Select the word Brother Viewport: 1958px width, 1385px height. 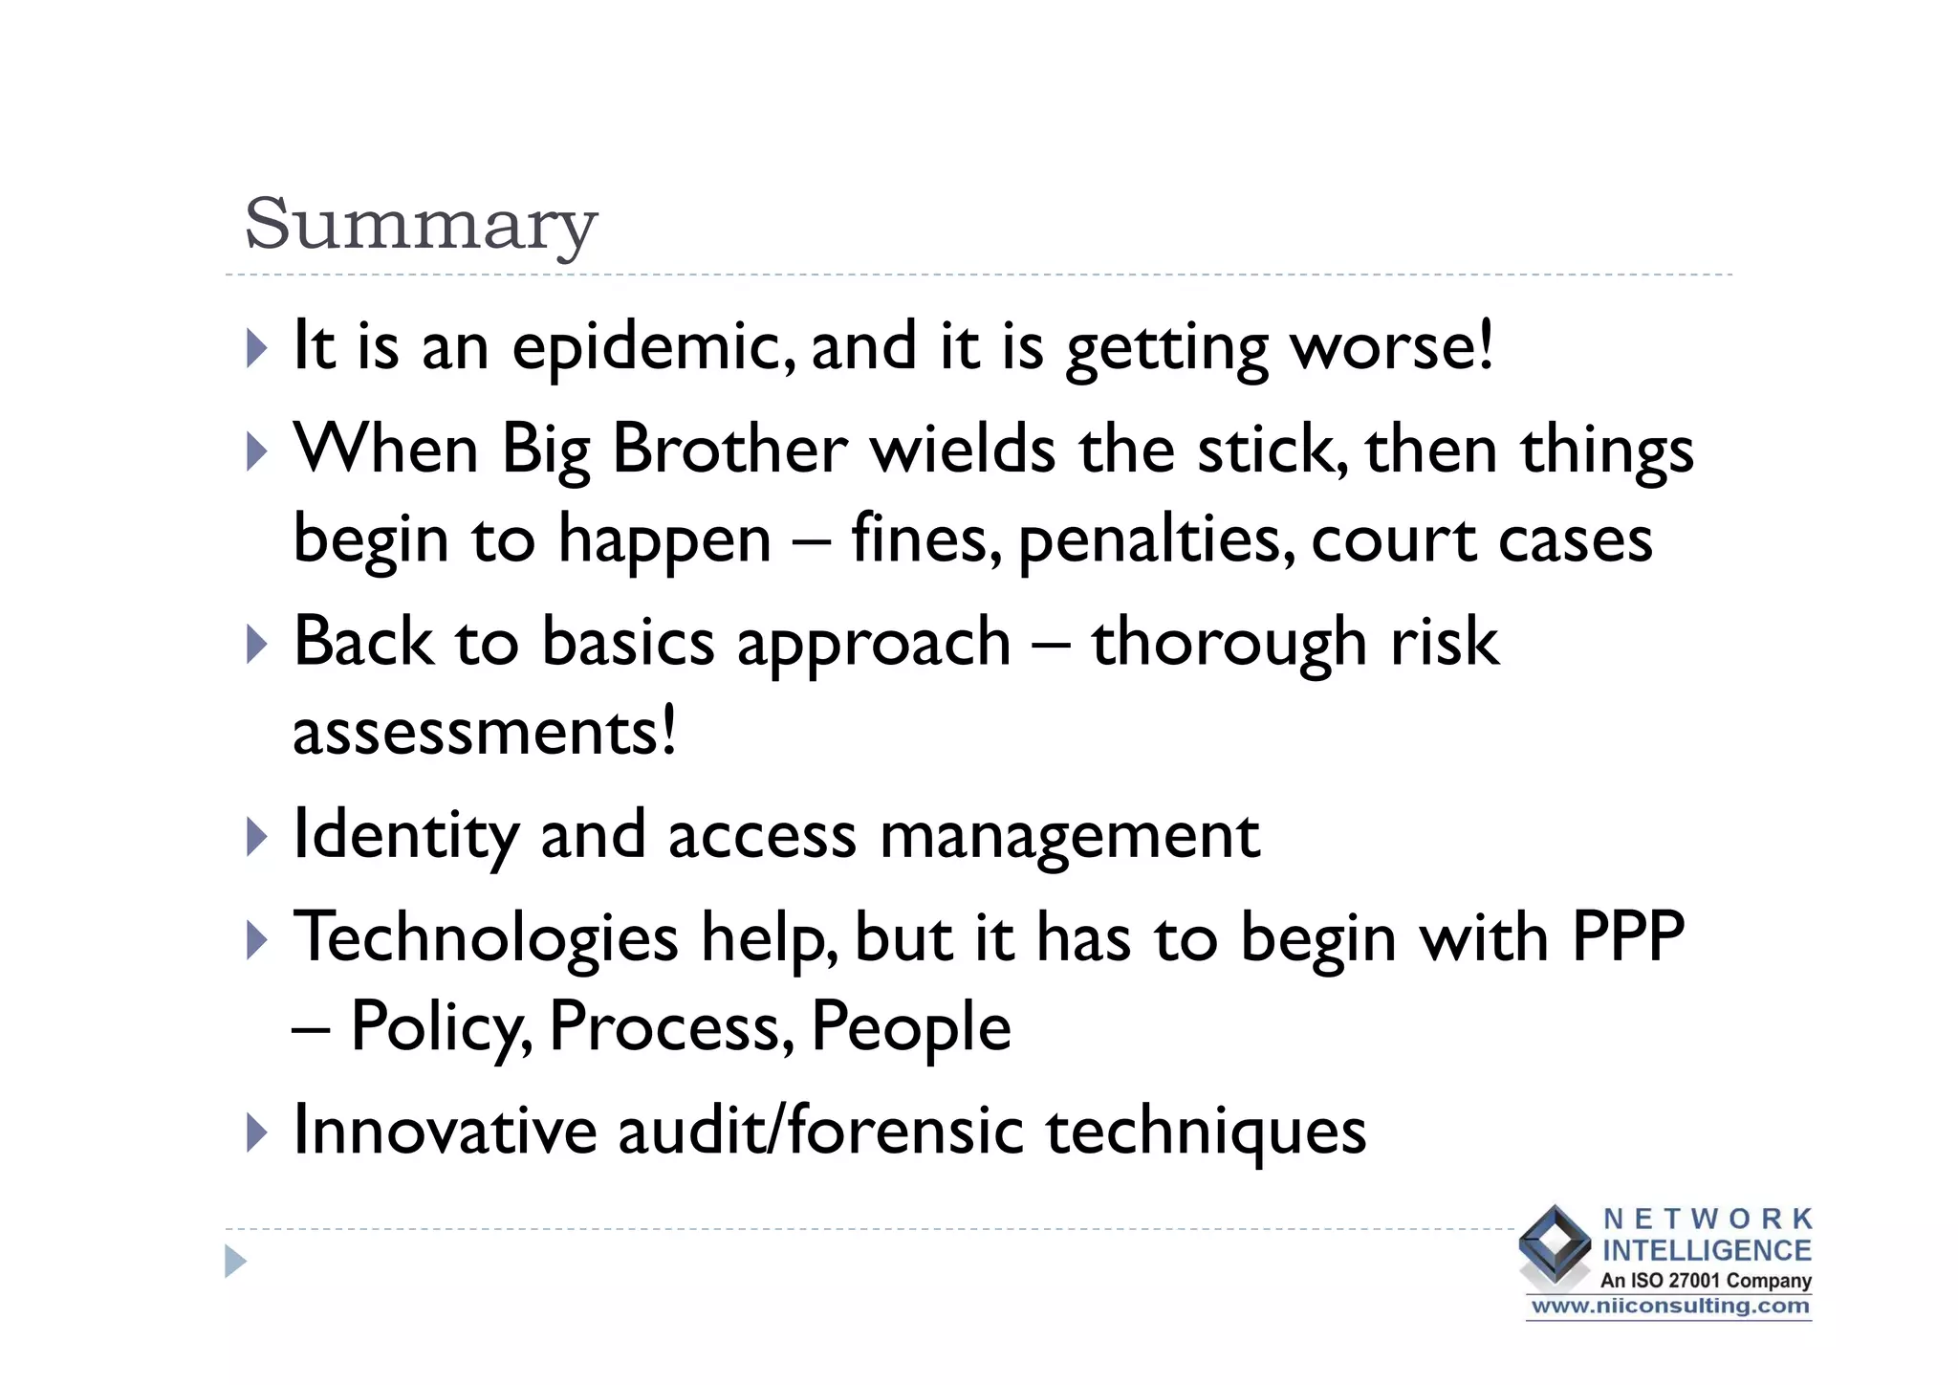(729, 449)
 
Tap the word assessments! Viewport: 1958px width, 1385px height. (485, 732)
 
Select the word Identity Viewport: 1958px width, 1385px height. (404, 835)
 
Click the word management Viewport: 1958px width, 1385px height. (1069, 835)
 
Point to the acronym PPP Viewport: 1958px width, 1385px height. (1627, 936)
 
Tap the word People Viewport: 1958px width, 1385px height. (910, 1026)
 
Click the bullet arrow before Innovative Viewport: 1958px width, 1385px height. (255, 1132)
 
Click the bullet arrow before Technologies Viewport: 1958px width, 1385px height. (255, 939)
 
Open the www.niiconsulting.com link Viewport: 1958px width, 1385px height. (1669, 1307)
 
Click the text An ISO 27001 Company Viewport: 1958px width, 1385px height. (1706, 1280)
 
